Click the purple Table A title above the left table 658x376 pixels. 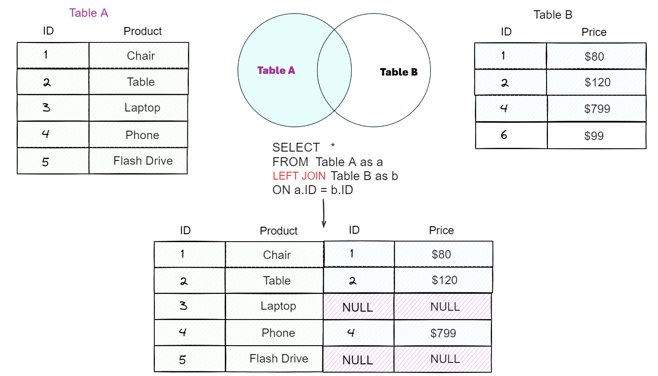click(89, 13)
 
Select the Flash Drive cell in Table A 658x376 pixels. click(143, 161)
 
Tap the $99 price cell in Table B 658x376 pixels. click(594, 136)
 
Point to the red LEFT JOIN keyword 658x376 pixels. click(299, 176)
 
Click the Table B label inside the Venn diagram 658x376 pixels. click(399, 72)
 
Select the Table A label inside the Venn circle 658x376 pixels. click(276, 70)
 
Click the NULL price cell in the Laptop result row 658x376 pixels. click(445, 306)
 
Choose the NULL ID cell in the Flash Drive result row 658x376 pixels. click(358, 360)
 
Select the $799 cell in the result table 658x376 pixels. click(443, 333)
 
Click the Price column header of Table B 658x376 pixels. click(594, 32)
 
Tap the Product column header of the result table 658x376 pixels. click(278, 231)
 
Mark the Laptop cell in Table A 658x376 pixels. click(142, 108)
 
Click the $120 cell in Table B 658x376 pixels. click(597, 83)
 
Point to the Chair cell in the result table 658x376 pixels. click(277, 255)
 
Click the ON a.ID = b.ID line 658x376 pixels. click(313, 190)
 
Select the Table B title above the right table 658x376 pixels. click(553, 15)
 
